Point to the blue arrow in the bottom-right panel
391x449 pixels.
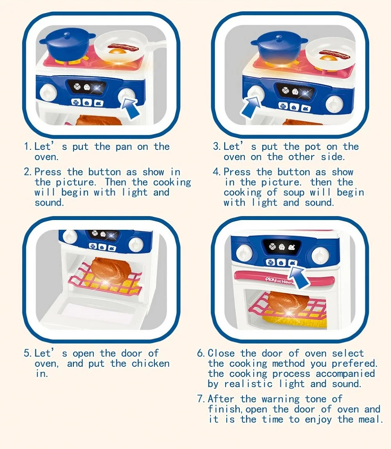(301, 274)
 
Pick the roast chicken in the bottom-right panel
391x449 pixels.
(288, 301)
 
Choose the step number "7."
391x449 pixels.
(201, 399)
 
